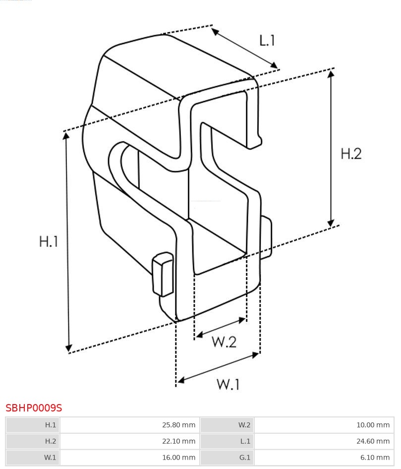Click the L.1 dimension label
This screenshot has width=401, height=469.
tap(267, 40)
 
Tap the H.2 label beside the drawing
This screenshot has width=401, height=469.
tap(351, 154)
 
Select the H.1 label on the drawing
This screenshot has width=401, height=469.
tap(49, 241)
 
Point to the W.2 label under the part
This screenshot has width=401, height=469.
tap(224, 342)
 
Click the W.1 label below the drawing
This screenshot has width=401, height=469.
tap(228, 384)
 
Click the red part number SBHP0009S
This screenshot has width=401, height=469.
tap(34, 408)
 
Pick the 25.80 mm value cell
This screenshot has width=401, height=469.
tap(130, 425)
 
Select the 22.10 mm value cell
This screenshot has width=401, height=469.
tap(130, 441)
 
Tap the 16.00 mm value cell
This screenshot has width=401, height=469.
tap(130, 457)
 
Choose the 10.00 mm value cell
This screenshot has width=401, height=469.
tap(324, 425)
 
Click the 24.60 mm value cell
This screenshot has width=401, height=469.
tap(324, 441)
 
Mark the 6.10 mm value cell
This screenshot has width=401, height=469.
tap(324, 457)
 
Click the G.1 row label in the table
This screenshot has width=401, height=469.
tap(244, 457)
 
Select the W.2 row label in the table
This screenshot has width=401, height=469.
tap(244, 425)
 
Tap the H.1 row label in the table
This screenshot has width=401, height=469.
tap(51, 425)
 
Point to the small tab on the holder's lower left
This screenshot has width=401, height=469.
tap(163, 274)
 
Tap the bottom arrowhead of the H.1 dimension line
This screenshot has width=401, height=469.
tap(69, 348)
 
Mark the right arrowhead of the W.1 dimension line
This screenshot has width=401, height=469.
tap(255, 355)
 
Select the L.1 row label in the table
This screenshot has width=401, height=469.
tap(245, 441)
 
